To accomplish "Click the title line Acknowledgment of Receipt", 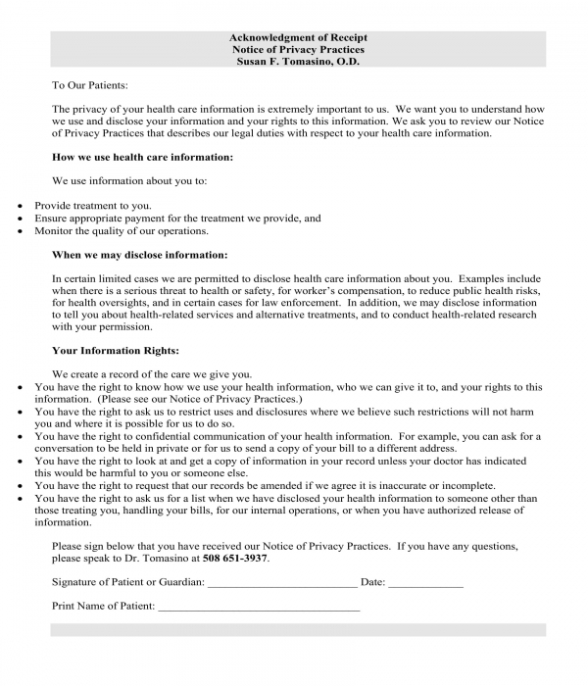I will (300, 37).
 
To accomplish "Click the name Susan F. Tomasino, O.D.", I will (300, 61).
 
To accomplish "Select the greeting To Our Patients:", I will (89, 85).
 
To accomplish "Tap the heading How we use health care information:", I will (142, 157).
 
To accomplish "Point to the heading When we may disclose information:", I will (139, 255).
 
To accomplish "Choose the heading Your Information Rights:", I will (115, 350).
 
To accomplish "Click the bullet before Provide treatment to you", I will (23, 206).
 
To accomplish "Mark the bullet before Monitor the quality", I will (23, 231).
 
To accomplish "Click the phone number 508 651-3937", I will (236, 559).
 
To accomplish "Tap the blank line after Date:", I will (425, 584).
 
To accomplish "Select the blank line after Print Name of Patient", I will (259, 609).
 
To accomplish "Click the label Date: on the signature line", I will (372, 582).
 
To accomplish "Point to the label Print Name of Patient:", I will (103, 607).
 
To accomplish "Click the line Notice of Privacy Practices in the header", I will (300, 49).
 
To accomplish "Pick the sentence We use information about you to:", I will (129, 181).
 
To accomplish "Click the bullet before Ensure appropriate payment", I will (23, 219).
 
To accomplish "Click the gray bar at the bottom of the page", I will (300, 630).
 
